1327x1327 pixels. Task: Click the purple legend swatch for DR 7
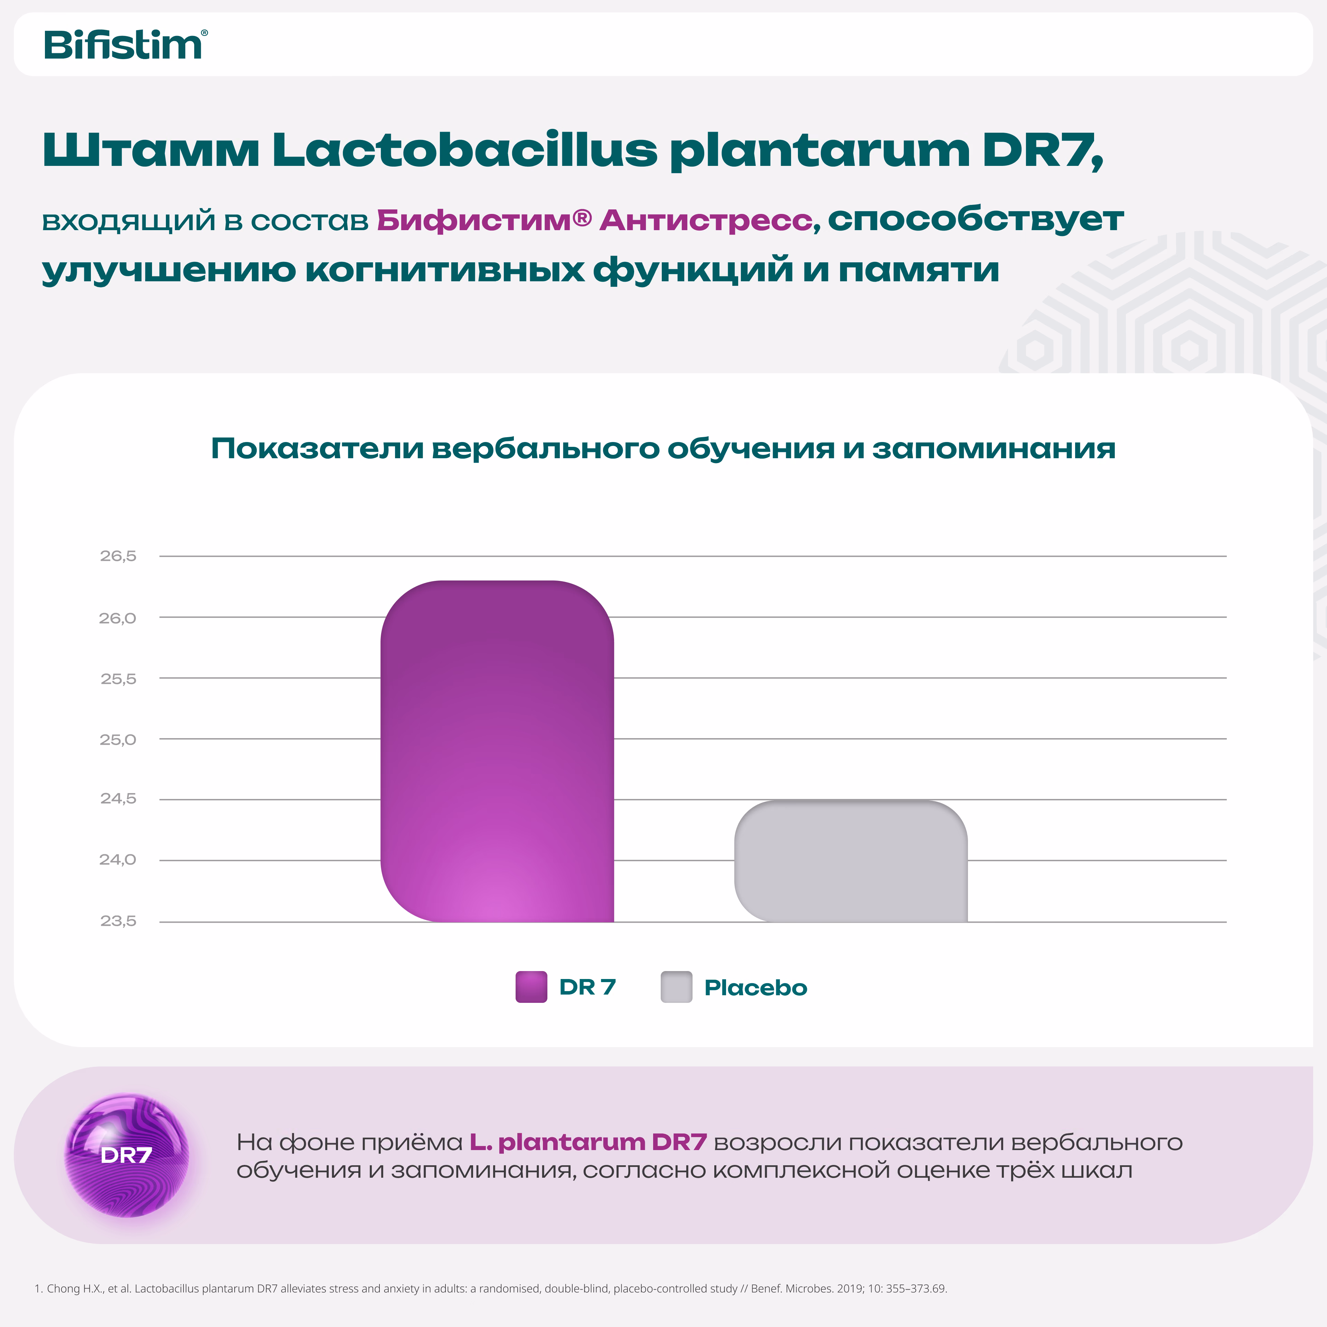[x=531, y=987]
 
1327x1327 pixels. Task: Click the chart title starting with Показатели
[x=663, y=449]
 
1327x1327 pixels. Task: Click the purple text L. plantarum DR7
[x=588, y=1142]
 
